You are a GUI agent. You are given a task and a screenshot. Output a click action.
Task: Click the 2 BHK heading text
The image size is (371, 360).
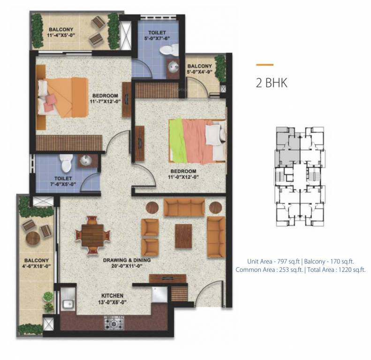tap(271, 83)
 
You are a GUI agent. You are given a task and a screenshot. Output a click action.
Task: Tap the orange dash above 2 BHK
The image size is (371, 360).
tap(265, 65)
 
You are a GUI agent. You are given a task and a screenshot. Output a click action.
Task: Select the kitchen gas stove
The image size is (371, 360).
tap(114, 322)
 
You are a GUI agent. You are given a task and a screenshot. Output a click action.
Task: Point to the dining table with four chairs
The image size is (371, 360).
tap(93, 234)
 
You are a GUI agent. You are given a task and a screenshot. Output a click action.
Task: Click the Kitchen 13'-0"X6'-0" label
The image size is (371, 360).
tap(113, 299)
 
